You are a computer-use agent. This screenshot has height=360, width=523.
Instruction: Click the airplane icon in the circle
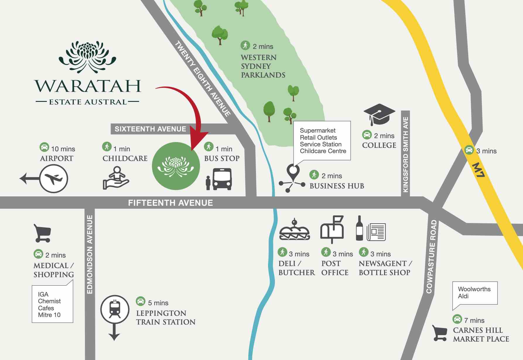coord(54,179)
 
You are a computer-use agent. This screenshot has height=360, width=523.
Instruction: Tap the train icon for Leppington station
coord(115,309)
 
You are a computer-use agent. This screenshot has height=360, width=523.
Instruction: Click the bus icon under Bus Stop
coord(222,179)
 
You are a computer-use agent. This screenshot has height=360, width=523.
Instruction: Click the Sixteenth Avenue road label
coord(150,129)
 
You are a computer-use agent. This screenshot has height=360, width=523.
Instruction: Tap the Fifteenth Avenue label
coord(170,203)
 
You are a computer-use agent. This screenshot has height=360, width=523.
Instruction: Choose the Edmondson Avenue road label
coord(90,254)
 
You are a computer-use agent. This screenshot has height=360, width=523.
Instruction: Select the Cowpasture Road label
coord(431,256)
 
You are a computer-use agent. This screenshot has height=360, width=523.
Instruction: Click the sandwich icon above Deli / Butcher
coord(294,230)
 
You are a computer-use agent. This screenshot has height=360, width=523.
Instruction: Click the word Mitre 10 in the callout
coord(49,315)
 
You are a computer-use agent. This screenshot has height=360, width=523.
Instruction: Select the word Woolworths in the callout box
coord(474,289)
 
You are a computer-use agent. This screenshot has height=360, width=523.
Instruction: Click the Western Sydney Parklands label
coord(263,66)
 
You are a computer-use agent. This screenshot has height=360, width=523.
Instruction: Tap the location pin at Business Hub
coord(293,172)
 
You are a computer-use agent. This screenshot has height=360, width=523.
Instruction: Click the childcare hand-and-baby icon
coord(116,178)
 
